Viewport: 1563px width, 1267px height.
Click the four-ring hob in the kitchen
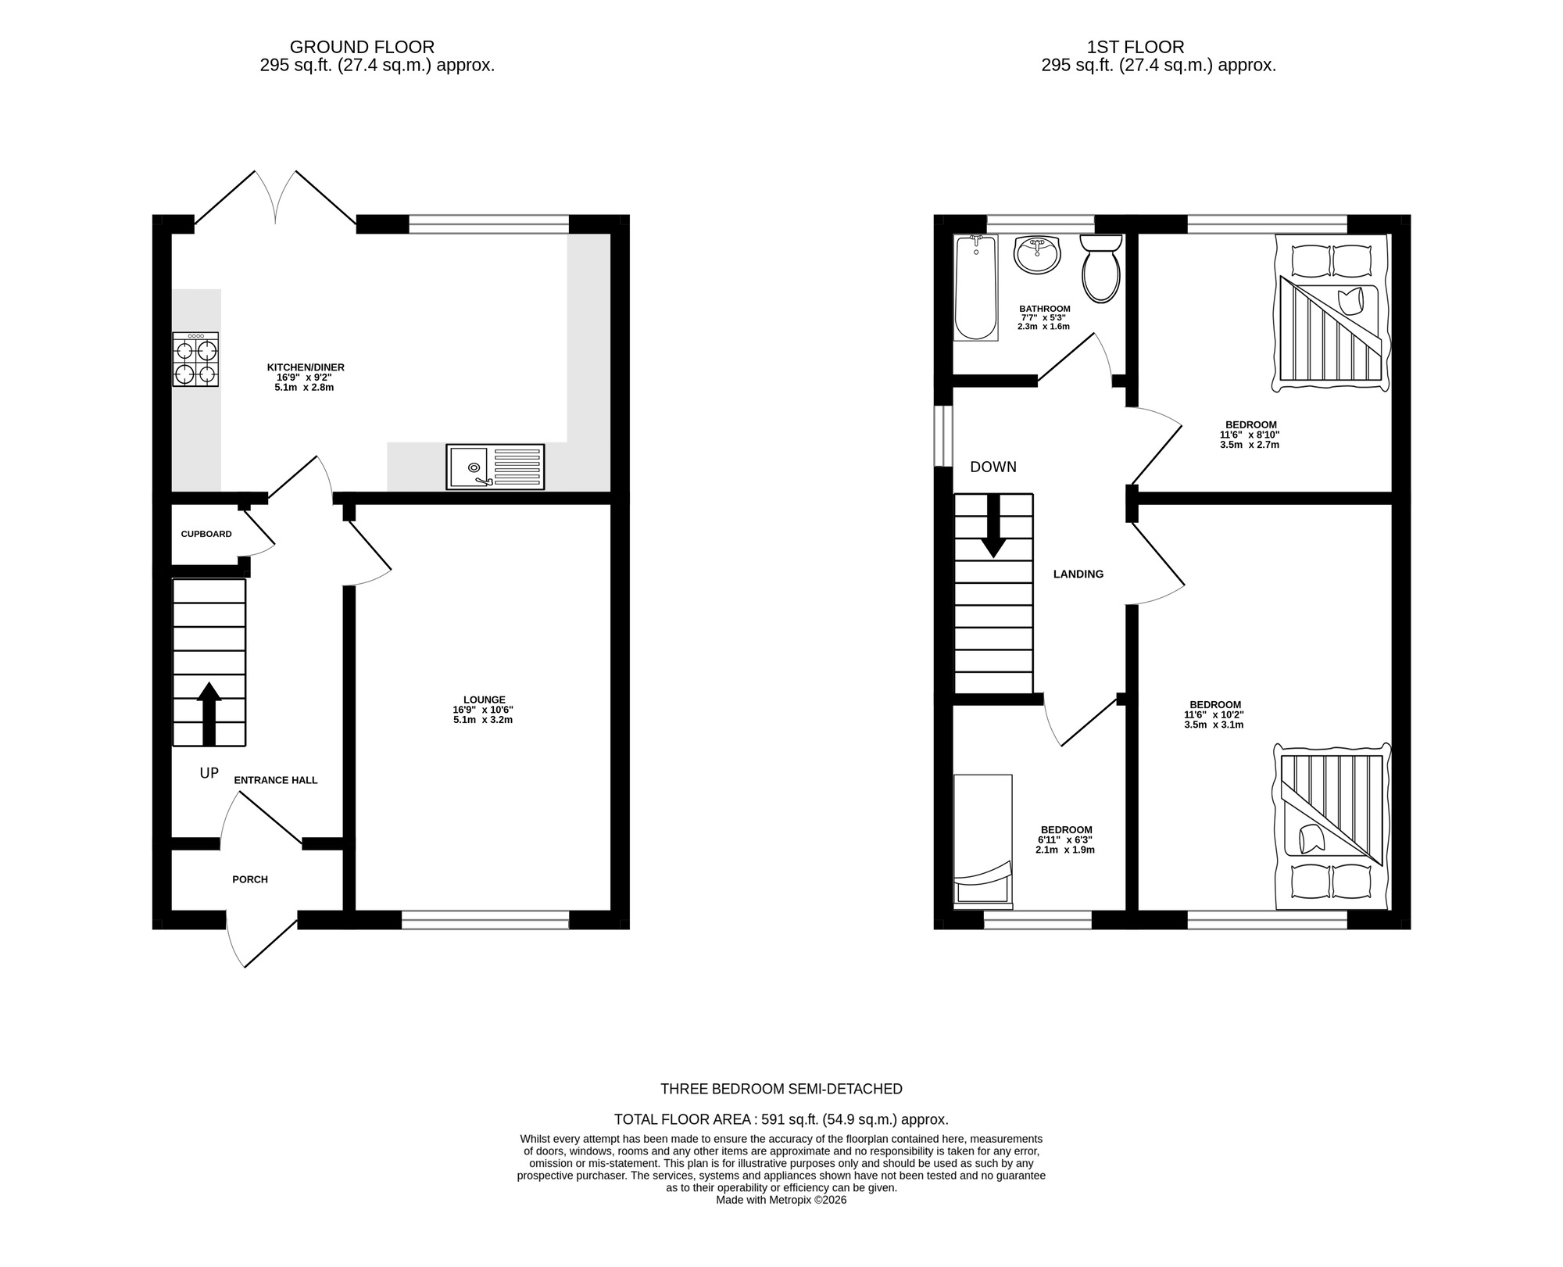click(195, 360)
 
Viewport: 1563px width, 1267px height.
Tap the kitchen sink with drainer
click(495, 467)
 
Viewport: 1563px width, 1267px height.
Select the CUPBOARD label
click(206, 534)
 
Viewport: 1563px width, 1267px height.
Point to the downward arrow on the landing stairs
click(993, 526)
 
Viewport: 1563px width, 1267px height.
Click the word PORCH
click(250, 879)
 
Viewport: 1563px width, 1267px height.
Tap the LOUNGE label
click(484, 700)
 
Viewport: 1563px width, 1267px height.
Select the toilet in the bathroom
click(1101, 268)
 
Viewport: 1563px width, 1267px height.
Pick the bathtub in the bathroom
click(975, 288)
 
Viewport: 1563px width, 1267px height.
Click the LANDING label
click(1078, 574)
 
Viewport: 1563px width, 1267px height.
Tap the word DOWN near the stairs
click(993, 467)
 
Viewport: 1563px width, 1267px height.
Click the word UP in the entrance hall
click(209, 773)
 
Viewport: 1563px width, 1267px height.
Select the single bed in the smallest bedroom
click(982, 841)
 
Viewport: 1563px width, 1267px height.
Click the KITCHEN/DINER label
click(306, 367)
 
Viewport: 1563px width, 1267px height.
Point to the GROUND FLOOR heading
click(362, 47)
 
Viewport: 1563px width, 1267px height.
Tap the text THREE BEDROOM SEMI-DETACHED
click(781, 1089)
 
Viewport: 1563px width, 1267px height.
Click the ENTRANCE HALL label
click(276, 780)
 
